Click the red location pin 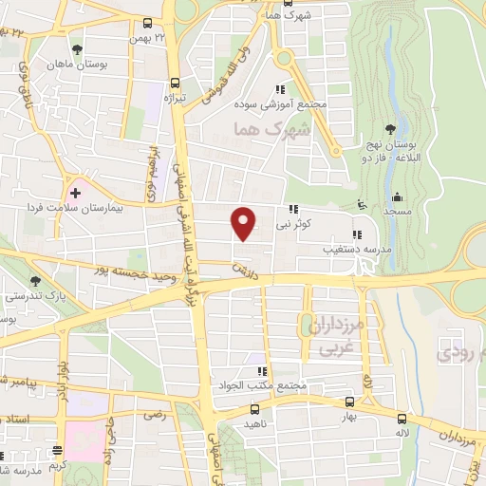coord(245,222)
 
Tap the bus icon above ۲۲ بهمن coord(147,25)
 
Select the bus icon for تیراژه coord(174,83)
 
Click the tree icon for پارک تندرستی coord(35,281)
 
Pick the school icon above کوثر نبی coord(293,211)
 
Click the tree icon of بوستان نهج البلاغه coord(390,130)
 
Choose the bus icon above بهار coord(349,402)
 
